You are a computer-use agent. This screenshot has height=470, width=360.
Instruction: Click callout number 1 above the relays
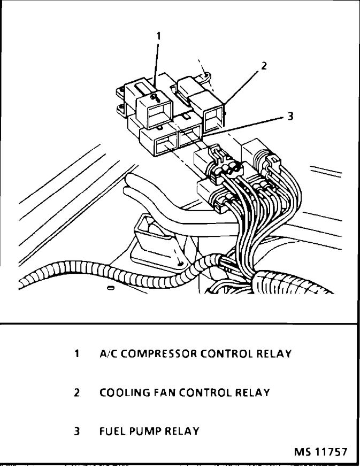(x=158, y=35)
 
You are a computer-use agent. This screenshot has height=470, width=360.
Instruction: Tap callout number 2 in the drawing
(x=264, y=66)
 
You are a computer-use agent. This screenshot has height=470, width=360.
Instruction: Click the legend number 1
(x=78, y=353)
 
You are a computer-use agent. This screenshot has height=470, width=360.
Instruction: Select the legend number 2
(x=78, y=392)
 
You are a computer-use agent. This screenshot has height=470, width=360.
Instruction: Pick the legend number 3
(x=78, y=431)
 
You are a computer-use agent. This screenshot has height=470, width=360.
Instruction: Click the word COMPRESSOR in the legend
(x=156, y=353)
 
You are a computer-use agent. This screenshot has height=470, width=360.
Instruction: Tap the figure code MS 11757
(x=320, y=452)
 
